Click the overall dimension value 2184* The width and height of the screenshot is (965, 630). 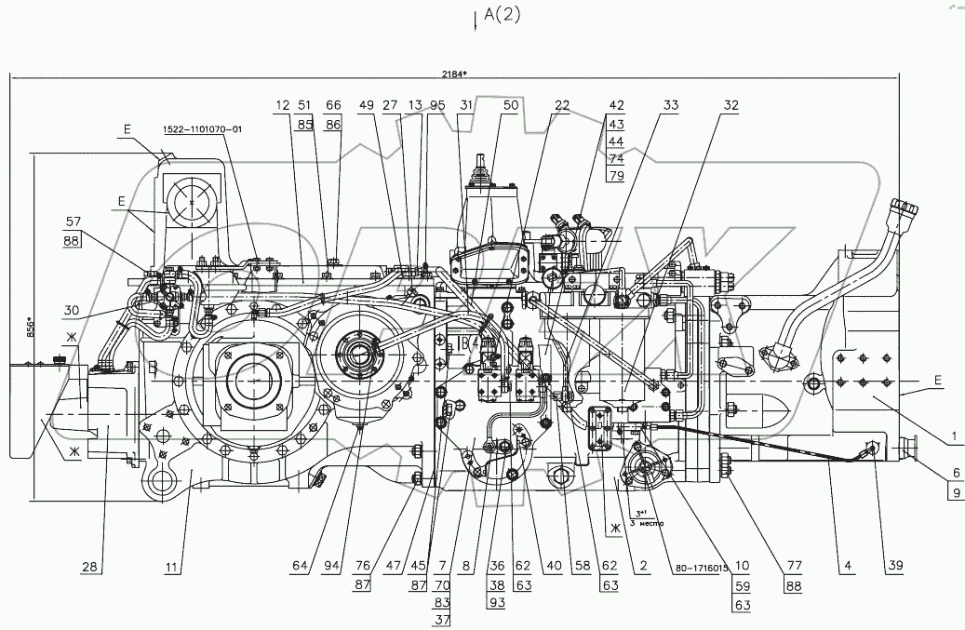458,77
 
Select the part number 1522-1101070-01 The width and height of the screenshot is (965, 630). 202,130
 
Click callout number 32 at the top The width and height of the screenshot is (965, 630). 730,106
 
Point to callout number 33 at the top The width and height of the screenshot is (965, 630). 671,106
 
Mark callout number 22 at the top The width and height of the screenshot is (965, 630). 561,106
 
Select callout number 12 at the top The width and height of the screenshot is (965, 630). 283,106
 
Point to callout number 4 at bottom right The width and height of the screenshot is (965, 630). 847,566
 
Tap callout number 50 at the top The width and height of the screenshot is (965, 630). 511,106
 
